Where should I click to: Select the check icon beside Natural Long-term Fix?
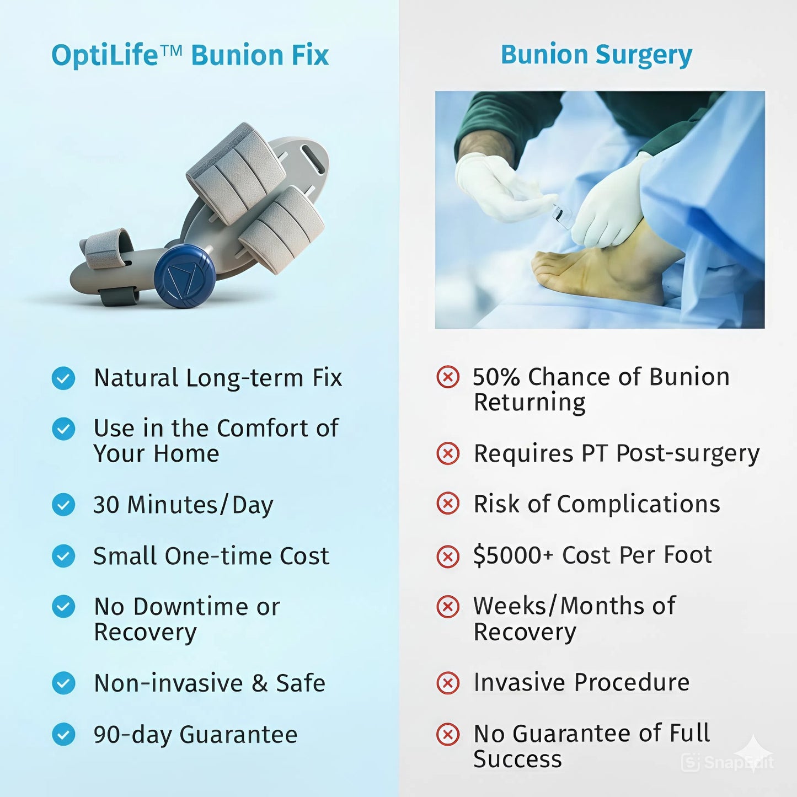pos(63,378)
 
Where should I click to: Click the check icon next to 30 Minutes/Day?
pos(63,505)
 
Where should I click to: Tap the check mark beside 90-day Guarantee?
pos(63,734)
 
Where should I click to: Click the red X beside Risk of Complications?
pos(447,504)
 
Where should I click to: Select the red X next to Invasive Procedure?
pos(447,682)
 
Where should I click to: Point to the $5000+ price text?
pos(513,555)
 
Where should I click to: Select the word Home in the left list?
pos(186,454)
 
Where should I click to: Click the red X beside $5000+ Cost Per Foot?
pos(447,556)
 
